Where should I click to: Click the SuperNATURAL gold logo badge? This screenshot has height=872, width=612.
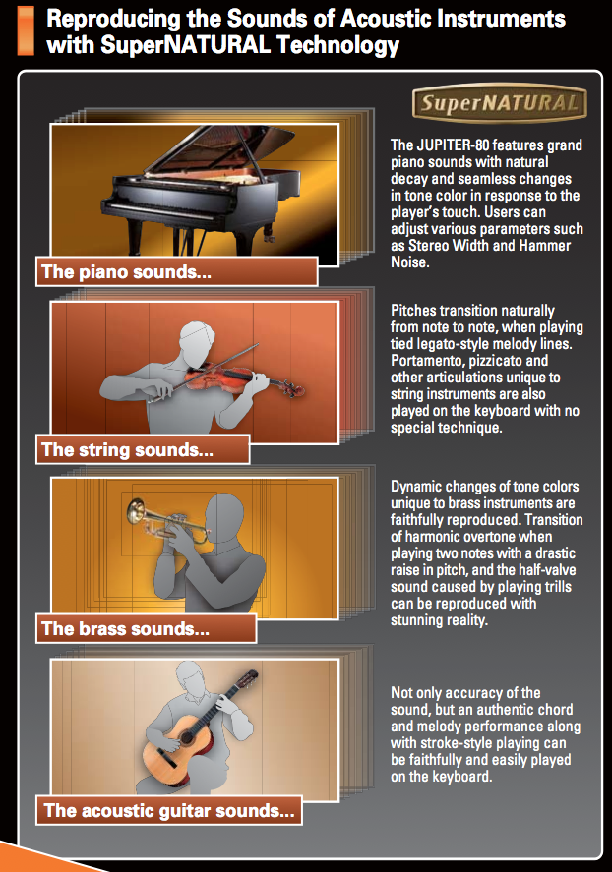tap(499, 103)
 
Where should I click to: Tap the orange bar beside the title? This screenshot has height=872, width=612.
tap(26, 31)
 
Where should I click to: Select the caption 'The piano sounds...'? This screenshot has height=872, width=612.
tap(126, 272)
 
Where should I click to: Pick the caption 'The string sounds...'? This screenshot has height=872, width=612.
tap(127, 449)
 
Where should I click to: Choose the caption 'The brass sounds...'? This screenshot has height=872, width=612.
tap(125, 628)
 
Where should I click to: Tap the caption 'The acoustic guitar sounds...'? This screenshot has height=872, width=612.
tap(169, 810)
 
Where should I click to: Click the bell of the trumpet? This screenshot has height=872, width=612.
tap(135, 510)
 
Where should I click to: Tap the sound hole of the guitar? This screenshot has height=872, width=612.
tap(186, 738)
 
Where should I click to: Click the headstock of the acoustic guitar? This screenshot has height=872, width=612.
tap(249, 678)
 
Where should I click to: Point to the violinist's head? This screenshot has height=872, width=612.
tap(197, 342)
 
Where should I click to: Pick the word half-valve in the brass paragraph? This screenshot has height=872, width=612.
tap(547, 570)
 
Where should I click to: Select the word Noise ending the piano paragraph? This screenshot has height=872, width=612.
tap(409, 262)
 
